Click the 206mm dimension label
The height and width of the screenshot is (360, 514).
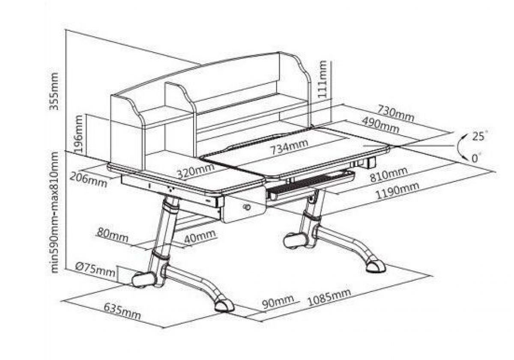point(89,179)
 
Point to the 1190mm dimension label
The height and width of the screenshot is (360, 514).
point(397,192)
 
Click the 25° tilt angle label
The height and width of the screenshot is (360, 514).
point(479,137)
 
